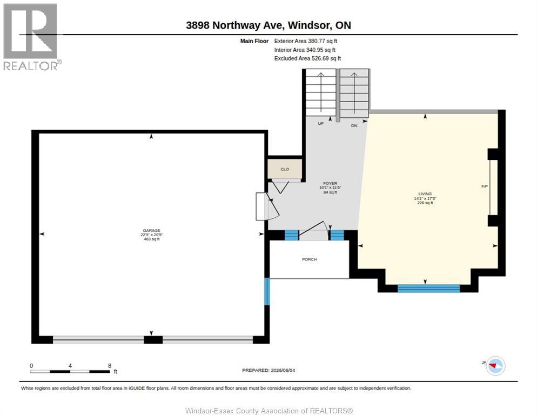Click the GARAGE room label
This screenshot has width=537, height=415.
point(151,231)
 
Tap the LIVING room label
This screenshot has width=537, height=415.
point(425,193)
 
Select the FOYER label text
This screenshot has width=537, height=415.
point(330,183)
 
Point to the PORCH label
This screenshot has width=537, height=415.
point(309,259)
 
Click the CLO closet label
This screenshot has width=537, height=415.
point(285,169)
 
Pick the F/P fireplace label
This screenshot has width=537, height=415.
point(484,186)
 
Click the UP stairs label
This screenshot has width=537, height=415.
point(320,123)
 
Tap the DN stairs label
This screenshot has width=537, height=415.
point(354,126)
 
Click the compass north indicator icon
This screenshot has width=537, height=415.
point(495,366)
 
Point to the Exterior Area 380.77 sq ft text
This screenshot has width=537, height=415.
point(305,41)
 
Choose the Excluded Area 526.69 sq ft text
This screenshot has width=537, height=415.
point(307,58)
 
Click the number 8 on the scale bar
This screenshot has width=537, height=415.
point(110,366)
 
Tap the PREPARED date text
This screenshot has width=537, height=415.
point(268,370)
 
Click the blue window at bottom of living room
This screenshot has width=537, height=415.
point(428,289)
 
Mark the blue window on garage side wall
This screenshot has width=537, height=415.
point(267,291)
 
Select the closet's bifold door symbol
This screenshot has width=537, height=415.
point(280,187)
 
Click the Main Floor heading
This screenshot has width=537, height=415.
point(254,41)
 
